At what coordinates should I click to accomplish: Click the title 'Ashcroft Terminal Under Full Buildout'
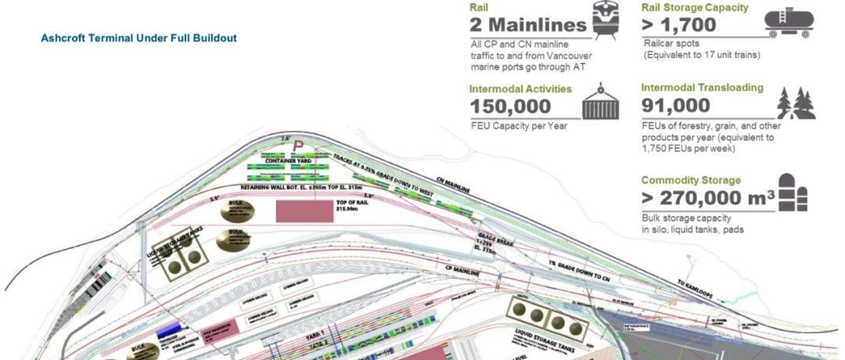[x=138, y=38]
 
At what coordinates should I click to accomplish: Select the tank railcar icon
[x=793, y=22]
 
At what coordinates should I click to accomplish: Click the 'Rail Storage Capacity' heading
[x=695, y=8]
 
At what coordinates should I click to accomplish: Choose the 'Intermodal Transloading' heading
[x=702, y=88]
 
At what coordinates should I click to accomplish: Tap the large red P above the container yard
[x=297, y=145]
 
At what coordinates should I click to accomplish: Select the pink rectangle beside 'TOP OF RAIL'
[x=303, y=211]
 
